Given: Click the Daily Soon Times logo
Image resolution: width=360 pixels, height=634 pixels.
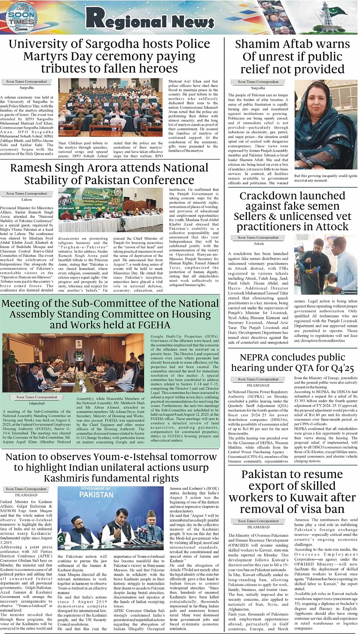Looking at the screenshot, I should coord(21,18).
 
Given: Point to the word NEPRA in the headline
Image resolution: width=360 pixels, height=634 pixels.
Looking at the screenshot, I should coord(260,358).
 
